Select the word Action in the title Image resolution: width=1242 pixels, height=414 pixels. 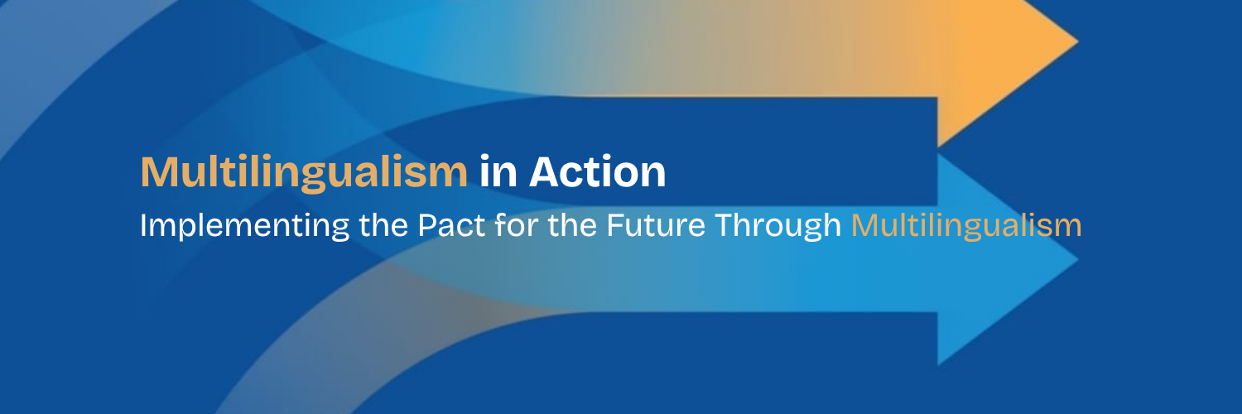point(597,171)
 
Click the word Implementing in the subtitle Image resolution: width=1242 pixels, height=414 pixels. point(244,226)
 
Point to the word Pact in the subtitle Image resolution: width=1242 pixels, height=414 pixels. point(451,225)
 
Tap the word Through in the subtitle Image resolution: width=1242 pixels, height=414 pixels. point(778,226)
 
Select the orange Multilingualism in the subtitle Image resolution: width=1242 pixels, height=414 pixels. point(966,226)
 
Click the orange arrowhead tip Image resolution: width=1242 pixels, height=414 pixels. point(1078,41)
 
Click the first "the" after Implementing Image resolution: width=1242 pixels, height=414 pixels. point(383,224)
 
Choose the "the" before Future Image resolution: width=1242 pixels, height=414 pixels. point(572,224)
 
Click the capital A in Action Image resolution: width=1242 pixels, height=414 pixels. point(546,171)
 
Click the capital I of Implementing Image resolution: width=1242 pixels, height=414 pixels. point(143,225)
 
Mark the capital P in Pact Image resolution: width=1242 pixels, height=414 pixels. point(427,225)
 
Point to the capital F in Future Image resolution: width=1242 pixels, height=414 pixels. point(615,225)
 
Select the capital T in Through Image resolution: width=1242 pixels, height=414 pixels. point(724,225)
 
